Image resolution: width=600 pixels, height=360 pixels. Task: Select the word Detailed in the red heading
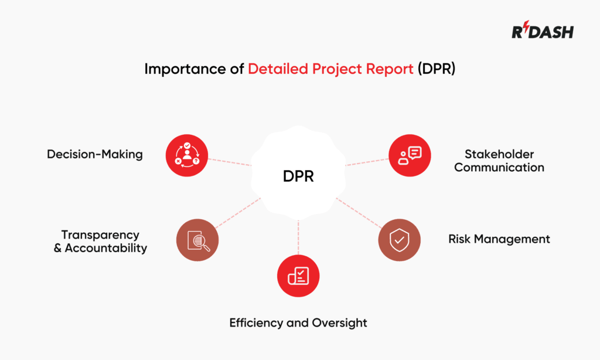click(x=275, y=69)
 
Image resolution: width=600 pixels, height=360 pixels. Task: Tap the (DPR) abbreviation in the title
click(x=437, y=69)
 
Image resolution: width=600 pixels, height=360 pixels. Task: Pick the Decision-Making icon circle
click(x=187, y=155)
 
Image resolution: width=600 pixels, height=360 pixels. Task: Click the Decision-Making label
click(x=95, y=155)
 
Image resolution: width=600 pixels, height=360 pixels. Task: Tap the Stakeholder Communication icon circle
click(x=410, y=155)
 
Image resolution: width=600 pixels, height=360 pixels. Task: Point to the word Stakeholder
click(x=499, y=154)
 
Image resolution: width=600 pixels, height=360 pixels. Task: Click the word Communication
click(x=499, y=168)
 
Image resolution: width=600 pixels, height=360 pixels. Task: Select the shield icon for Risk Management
click(x=399, y=239)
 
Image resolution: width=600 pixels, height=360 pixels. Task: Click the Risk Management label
click(x=499, y=239)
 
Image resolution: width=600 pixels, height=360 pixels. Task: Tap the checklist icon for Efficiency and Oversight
click(x=298, y=276)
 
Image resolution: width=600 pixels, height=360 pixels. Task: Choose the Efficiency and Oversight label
click(x=298, y=323)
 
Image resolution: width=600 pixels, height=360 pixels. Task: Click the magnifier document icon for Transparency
click(x=197, y=240)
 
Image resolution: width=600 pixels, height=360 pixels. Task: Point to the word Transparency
click(x=100, y=235)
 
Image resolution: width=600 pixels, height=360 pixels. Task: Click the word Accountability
click(x=106, y=248)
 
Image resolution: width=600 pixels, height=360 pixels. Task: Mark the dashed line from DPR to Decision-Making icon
click(x=230, y=162)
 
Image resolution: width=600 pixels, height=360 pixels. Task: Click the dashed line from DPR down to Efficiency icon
click(x=298, y=237)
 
